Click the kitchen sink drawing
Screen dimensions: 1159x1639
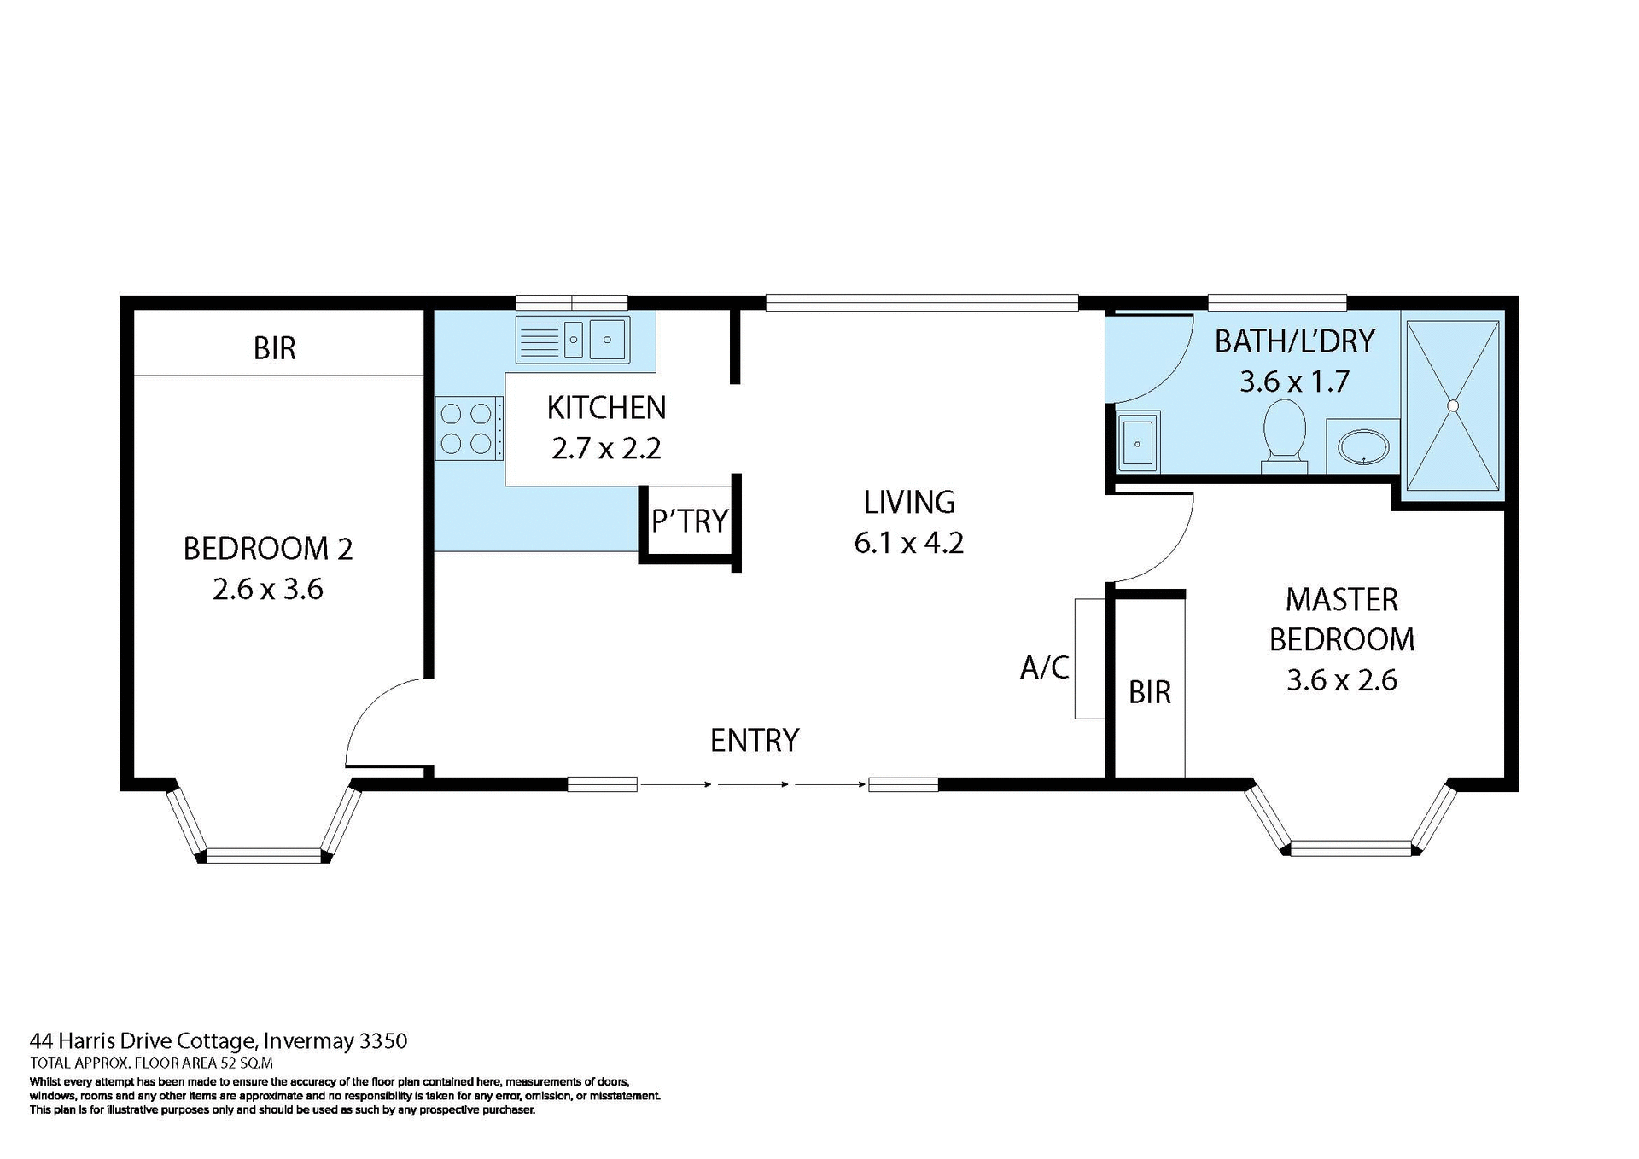coord(573,340)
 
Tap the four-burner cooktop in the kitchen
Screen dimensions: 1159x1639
coord(466,428)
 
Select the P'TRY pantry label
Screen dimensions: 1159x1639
coord(689,521)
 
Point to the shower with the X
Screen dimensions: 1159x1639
coord(1452,405)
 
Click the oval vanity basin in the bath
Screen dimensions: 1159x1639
coord(1362,446)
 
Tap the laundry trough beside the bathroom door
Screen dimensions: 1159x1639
coord(1137,442)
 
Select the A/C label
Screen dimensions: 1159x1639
coord(1044,667)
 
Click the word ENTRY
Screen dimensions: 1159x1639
coord(755,740)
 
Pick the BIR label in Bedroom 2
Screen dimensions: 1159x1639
coord(275,348)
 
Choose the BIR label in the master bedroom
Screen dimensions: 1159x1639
coord(1149,692)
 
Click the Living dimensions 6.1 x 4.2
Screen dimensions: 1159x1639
coord(908,543)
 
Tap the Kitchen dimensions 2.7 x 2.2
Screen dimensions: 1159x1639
coord(606,448)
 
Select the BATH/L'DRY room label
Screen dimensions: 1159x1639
coord(1294,341)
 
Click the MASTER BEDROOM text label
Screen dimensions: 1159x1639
coord(1341,619)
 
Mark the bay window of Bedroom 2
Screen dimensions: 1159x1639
coord(264,853)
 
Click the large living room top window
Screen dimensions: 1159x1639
coord(921,302)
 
